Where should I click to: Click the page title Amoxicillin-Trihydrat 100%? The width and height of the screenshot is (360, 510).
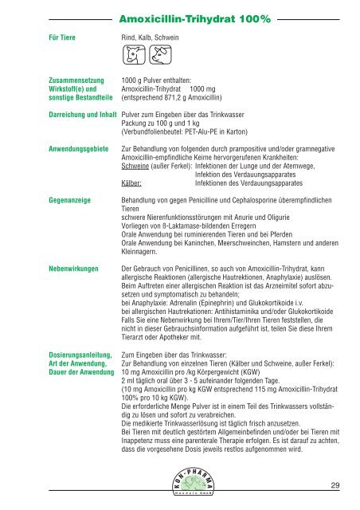point(180,15)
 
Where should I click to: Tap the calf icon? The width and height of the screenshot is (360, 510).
point(132,56)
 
